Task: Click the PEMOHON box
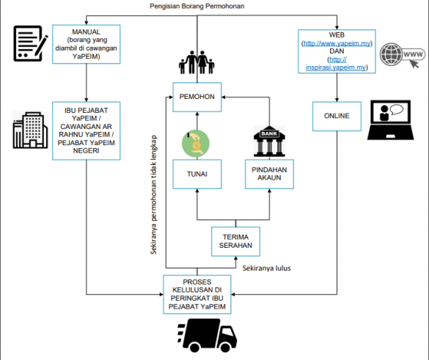[197, 97]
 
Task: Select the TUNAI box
[197, 175]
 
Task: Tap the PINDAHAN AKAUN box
[269, 175]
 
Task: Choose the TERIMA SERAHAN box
[235, 241]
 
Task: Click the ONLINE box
[337, 117]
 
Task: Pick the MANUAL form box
[87, 44]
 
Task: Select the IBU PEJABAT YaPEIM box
[87, 131]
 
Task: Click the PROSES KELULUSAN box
[197, 294]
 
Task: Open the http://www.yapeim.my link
[337, 43]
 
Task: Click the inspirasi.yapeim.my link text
[336, 67]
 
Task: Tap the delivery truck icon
[207, 335]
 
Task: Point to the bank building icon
[269, 142]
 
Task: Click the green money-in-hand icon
[196, 144]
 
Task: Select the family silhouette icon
[197, 62]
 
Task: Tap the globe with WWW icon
[403, 55]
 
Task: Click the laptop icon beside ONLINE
[390, 120]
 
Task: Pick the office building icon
[30, 131]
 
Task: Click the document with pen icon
[30, 43]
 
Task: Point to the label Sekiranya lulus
[266, 268]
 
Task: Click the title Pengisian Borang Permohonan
[197, 6]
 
